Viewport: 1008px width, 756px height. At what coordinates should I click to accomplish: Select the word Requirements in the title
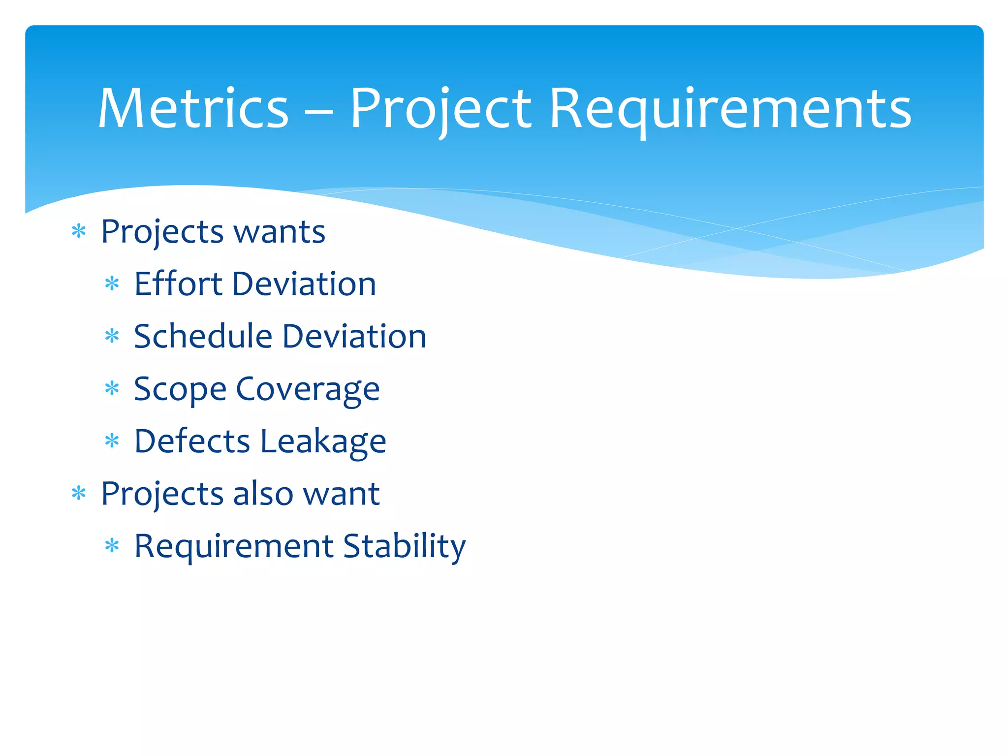pyautogui.click(x=730, y=109)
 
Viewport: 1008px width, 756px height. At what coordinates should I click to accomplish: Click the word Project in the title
pyautogui.click(x=441, y=109)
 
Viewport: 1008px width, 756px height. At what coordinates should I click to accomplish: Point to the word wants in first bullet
pyautogui.click(x=279, y=232)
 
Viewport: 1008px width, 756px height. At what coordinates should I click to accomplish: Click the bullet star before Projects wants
pyautogui.click(x=79, y=231)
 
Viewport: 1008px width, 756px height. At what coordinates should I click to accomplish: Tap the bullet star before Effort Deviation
pyautogui.click(x=112, y=284)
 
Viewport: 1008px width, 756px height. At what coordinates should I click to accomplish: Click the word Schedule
pyautogui.click(x=203, y=337)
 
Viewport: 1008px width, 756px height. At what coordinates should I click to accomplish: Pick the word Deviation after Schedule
pyautogui.click(x=354, y=337)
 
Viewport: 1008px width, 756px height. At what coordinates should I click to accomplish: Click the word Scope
pyautogui.click(x=180, y=390)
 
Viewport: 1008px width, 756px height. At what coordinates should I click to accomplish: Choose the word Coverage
pyautogui.click(x=308, y=390)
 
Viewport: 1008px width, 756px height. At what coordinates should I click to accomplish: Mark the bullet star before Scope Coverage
pyautogui.click(x=112, y=389)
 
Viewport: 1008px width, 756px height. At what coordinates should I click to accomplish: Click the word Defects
pyautogui.click(x=192, y=441)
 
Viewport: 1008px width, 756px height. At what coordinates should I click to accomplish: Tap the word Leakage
pyautogui.click(x=323, y=442)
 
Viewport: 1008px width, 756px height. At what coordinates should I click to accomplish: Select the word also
pyautogui.click(x=263, y=494)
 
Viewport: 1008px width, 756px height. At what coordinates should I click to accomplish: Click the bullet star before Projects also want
pyautogui.click(x=79, y=493)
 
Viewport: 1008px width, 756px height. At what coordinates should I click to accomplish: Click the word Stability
pyautogui.click(x=404, y=546)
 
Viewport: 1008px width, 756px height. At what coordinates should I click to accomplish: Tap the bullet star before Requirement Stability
pyautogui.click(x=112, y=546)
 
